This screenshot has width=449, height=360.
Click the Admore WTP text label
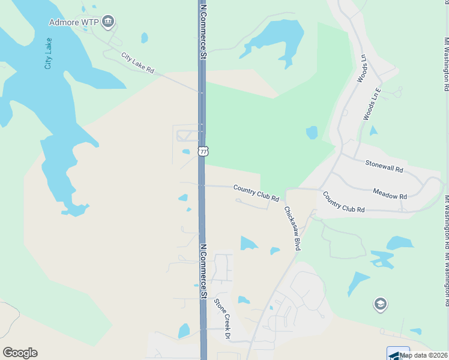(73, 23)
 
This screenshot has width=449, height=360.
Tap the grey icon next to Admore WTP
(108, 23)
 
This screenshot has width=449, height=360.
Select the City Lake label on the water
(48, 53)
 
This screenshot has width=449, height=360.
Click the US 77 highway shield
(203, 151)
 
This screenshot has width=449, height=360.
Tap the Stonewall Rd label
(384, 166)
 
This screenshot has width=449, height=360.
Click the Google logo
(20, 353)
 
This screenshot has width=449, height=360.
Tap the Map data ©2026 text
(423, 355)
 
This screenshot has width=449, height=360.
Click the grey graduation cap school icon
(380, 304)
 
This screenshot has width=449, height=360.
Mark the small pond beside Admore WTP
(144, 38)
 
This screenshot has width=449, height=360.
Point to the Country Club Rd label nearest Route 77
(256, 193)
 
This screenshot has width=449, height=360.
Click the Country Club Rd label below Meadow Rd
(343, 202)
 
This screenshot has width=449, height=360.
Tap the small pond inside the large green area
(312, 132)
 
